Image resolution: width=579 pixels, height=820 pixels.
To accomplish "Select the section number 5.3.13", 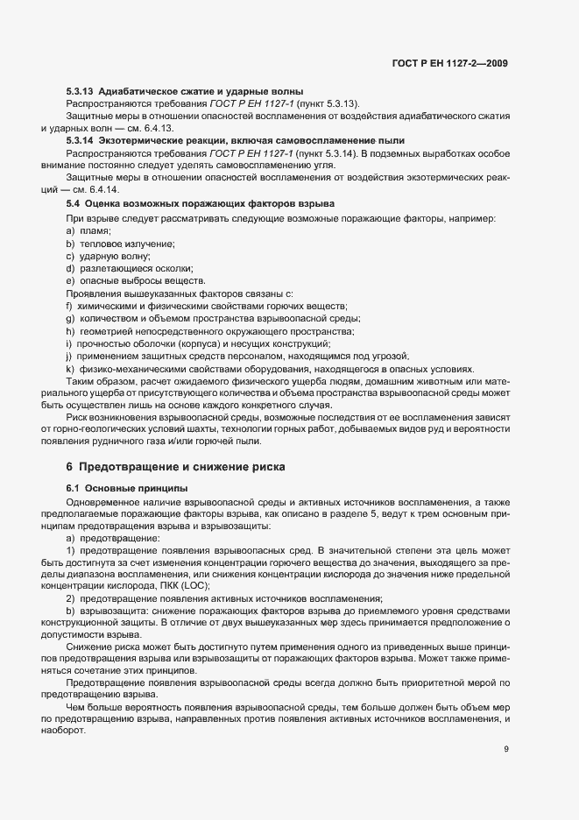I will pos(81,92).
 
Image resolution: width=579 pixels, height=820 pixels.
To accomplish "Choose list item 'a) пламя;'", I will pos(89,230).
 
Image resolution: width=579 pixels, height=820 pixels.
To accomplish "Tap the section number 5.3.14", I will pos(81,140).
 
